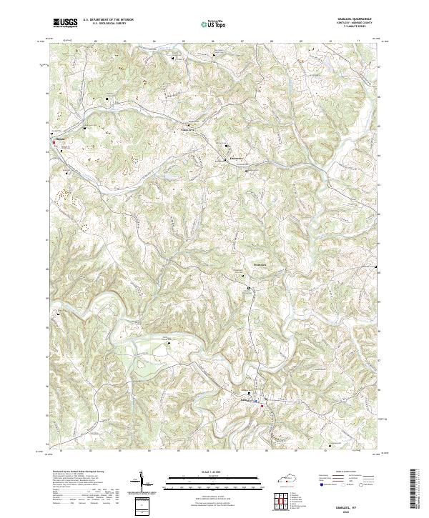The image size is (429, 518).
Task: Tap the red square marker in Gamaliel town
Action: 262,407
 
